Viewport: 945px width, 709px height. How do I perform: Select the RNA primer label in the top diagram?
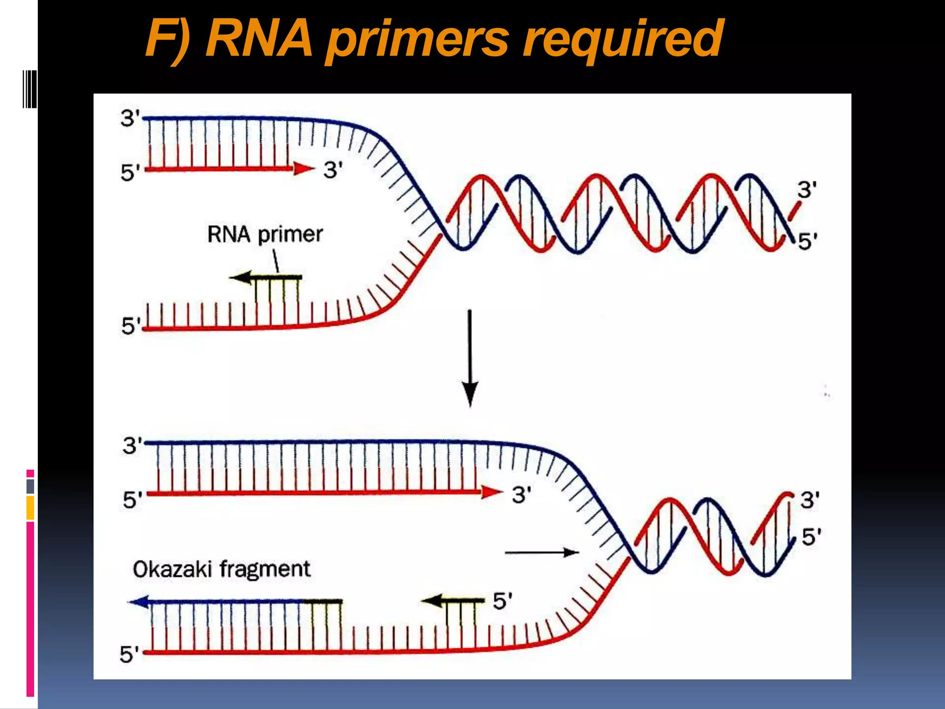point(265,234)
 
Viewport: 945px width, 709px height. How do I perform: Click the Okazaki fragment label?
point(221,569)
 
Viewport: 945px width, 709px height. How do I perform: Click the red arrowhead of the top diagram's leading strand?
point(304,169)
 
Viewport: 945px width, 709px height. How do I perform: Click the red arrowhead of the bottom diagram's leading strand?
point(492,493)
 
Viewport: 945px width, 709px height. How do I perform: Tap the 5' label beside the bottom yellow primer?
point(502,601)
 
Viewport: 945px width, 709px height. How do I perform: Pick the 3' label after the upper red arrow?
point(333,170)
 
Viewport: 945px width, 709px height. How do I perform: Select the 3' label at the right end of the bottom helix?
point(810,500)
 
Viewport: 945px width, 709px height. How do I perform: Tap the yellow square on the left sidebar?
point(30,508)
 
